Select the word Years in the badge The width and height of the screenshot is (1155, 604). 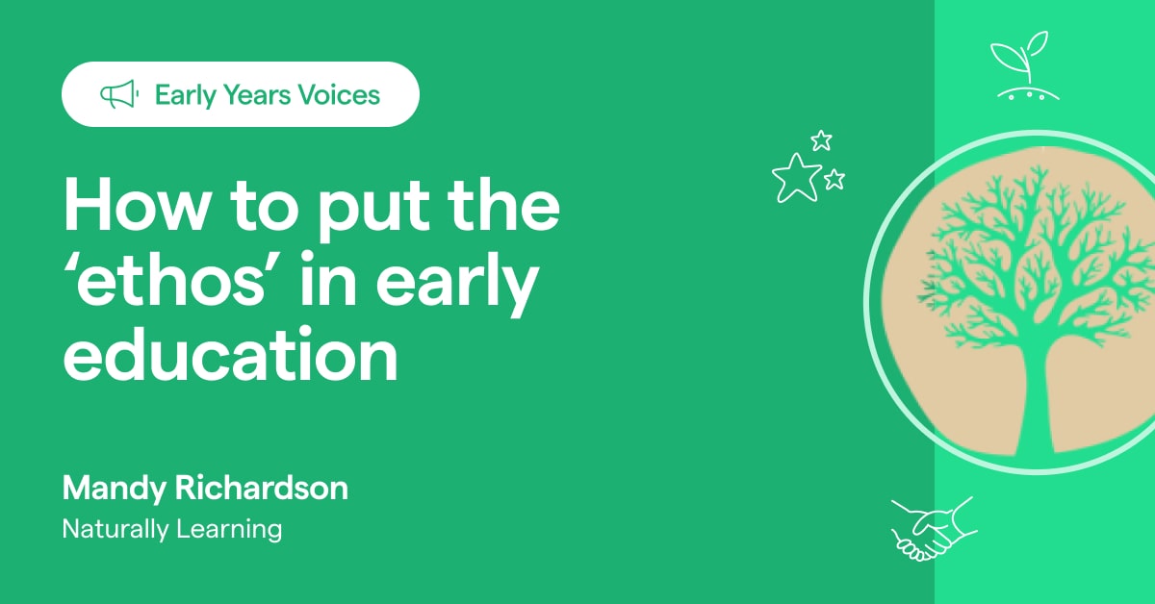(252, 95)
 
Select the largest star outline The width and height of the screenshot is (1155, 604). (796, 177)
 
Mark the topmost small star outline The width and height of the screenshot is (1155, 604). (821, 140)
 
